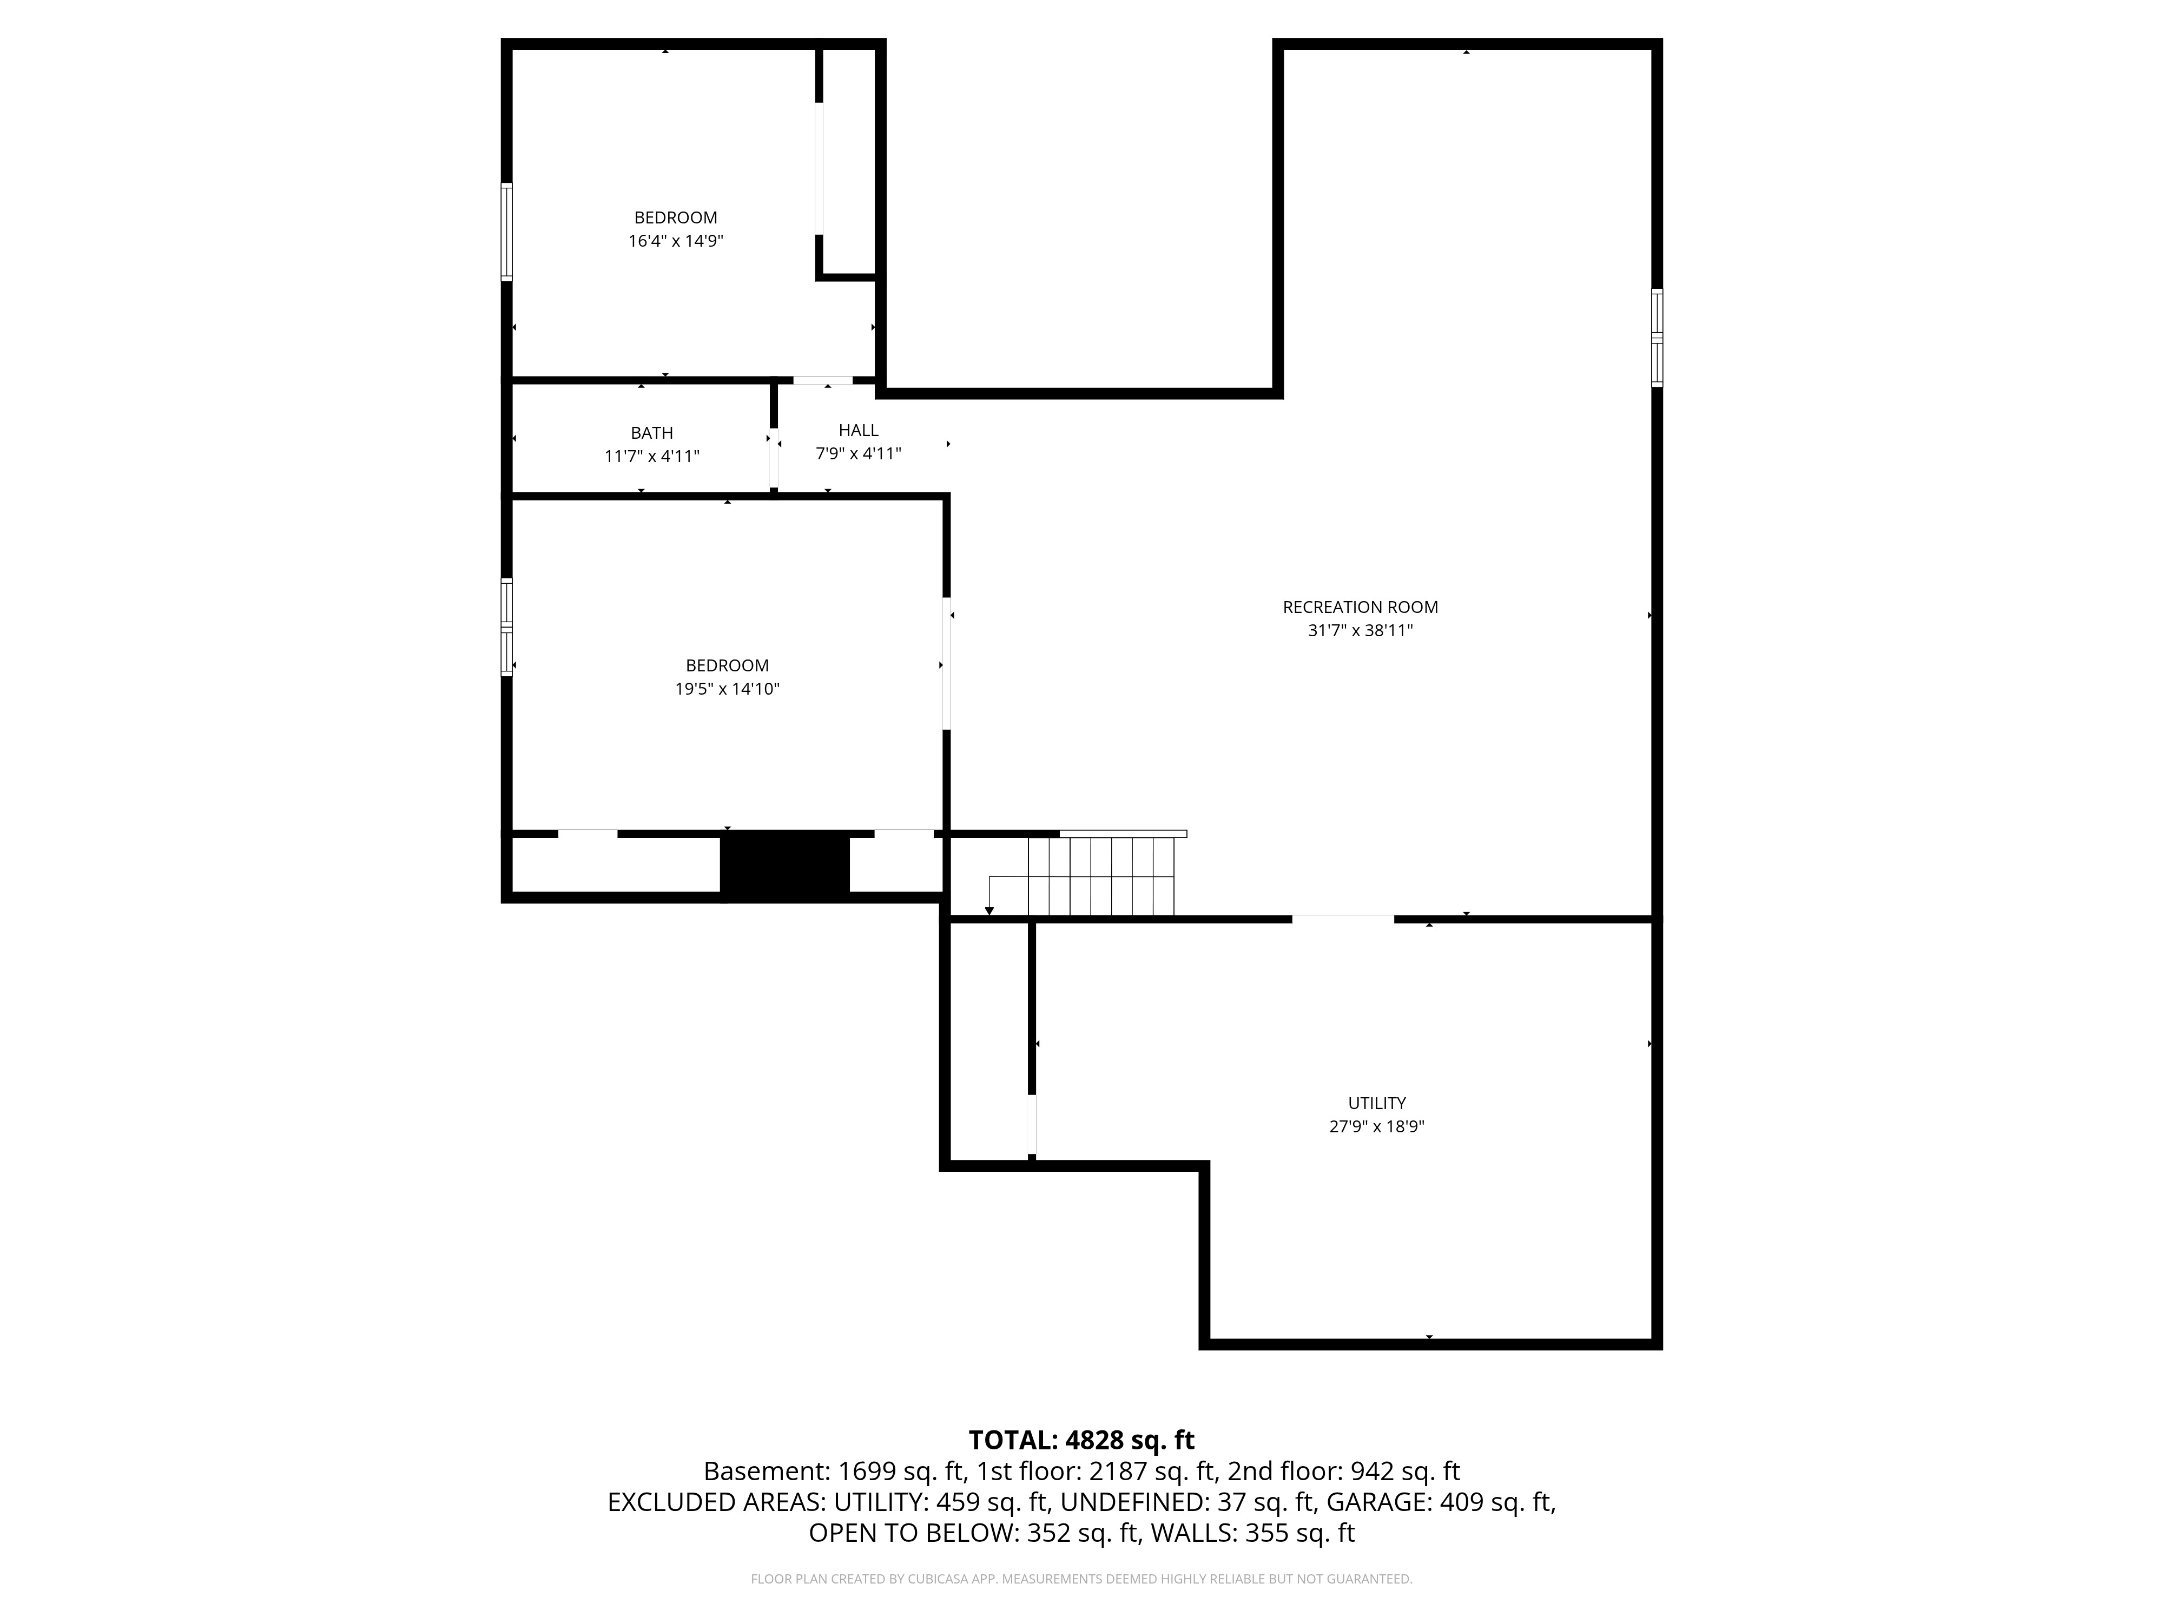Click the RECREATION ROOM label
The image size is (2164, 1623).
1360,608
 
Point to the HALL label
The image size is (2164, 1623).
858,431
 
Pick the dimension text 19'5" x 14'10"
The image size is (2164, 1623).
727,689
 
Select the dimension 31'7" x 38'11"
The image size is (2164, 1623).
1360,631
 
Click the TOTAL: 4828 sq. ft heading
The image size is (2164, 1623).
1081,1440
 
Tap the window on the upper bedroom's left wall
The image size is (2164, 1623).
507,232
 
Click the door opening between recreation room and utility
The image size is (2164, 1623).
1343,919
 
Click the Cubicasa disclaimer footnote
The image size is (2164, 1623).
1081,1579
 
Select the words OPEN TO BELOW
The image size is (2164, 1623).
912,1533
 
